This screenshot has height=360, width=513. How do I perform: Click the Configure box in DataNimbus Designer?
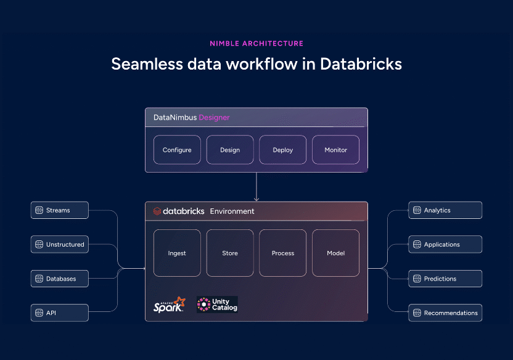pyautogui.click(x=177, y=150)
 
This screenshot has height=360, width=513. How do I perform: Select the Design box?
pyautogui.click(x=230, y=150)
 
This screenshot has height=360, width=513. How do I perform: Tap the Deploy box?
pyautogui.click(x=283, y=150)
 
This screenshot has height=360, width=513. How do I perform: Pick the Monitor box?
pyautogui.click(x=336, y=150)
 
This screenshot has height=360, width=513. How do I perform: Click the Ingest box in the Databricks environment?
pyautogui.click(x=177, y=253)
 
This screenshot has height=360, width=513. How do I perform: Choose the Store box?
pyautogui.click(x=230, y=253)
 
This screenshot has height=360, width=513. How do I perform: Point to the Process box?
pyautogui.click(x=283, y=253)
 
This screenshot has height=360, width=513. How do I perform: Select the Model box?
pyautogui.click(x=336, y=253)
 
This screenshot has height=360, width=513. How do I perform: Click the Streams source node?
pyautogui.click(x=60, y=210)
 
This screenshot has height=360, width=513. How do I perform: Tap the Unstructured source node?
pyautogui.click(x=60, y=245)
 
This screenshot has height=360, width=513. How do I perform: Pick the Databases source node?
pyautogui.click(x=60, y=279)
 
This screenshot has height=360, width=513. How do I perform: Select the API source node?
pyautogui.click(x=60, y=313)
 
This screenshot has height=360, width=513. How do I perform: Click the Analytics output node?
pyautogui.click(x=445, y=210)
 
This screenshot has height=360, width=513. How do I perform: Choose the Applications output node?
pyautogui.click(x=445, y=245)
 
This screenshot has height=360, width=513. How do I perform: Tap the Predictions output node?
pyautogui.click(x=445, y=279)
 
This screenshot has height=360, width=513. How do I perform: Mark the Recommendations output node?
pyautogui.click(x=445, y=313)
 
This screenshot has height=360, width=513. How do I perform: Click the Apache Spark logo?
pyautogui.click(x=169, y=305)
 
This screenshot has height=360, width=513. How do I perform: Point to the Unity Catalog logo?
pyautogui.click(x=217, y=305)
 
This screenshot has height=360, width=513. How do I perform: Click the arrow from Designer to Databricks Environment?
pyautogui.click(x=256, y=186)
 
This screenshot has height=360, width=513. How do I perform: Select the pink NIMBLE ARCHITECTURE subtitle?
pyautogui.click(x=256, y=44)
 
